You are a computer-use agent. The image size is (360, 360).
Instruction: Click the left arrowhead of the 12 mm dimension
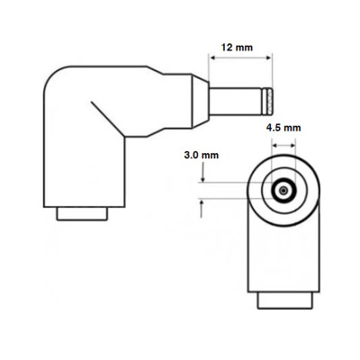tap(214, 58)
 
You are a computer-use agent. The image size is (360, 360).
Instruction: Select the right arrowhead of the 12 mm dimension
tap(270, 58)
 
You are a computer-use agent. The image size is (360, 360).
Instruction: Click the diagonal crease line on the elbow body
tap(107, 114)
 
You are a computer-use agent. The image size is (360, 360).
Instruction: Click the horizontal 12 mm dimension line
tap(242, 58)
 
